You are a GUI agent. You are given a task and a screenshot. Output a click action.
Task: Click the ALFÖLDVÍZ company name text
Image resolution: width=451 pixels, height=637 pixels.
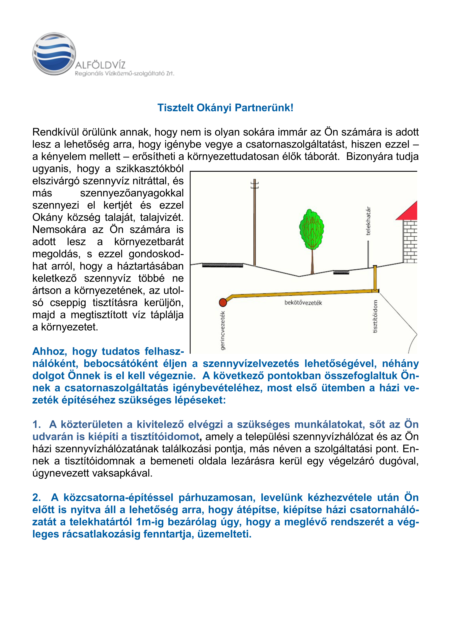(x=100, y=66)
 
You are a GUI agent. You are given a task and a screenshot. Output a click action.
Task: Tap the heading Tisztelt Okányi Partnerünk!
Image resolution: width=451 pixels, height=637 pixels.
(x=225, y=108)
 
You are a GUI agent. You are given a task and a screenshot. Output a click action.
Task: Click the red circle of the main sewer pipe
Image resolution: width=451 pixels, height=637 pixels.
(x=223, y=302)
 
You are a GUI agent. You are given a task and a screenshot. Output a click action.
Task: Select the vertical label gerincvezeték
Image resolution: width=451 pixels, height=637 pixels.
(x=223, y=330)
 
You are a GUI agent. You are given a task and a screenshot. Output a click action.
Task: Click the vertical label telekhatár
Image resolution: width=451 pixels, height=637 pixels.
(x=368, y=221)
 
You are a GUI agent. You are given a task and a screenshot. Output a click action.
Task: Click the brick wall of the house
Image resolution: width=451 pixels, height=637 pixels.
(x=410, y=241)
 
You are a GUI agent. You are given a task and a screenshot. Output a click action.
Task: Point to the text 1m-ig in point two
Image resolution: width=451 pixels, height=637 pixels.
(x=150, y=522)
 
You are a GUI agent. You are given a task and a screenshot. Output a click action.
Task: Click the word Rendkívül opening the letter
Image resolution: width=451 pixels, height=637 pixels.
(x=56, y=132)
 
